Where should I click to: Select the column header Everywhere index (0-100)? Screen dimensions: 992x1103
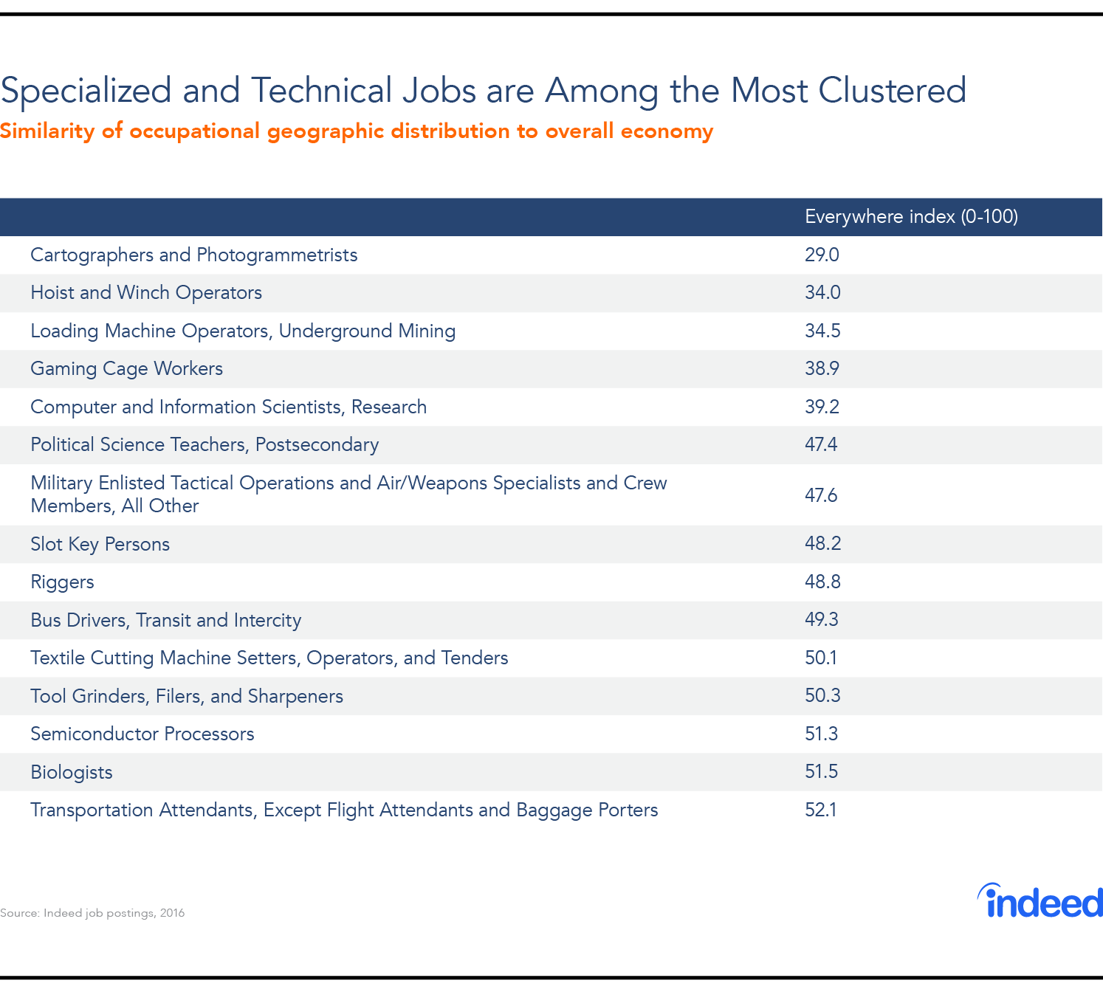[911, 216]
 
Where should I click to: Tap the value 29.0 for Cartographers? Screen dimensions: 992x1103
[822, 255]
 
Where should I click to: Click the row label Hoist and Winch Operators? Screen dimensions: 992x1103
[146, 293]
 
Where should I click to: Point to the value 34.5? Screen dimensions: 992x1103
[822, 331]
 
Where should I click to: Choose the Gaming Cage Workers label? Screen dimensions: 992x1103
[126, 369]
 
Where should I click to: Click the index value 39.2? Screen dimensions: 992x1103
[822, 407]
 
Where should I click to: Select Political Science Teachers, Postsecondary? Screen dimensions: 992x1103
[205, 445]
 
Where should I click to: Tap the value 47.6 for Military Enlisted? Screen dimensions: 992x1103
[821, 495]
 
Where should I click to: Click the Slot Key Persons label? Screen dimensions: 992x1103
[100, 544]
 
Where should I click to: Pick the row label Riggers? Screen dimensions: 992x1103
[62, 582]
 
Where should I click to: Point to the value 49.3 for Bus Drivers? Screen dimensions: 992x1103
[821, 619]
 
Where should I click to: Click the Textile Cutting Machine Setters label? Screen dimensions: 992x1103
[269, 658]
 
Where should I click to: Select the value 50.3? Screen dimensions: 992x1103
[822, 695]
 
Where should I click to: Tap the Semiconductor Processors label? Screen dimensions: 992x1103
[142, 734]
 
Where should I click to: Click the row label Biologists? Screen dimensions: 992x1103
[72, 772]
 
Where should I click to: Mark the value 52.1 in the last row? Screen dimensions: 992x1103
[820, 810]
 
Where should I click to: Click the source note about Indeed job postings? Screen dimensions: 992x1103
[92, 913]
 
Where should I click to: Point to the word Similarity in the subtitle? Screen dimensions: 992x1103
[47, 131]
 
